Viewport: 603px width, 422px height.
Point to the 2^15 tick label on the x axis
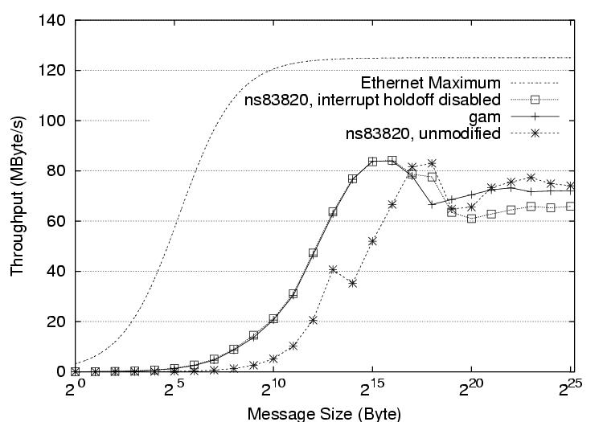point(370,390)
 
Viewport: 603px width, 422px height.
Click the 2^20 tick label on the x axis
point(469,390)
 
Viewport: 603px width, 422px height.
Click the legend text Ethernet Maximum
point(431,83)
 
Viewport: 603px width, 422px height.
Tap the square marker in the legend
point(532,100)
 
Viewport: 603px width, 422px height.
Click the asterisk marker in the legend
point(532,133)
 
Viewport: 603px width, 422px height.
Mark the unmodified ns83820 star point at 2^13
point(333,269)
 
